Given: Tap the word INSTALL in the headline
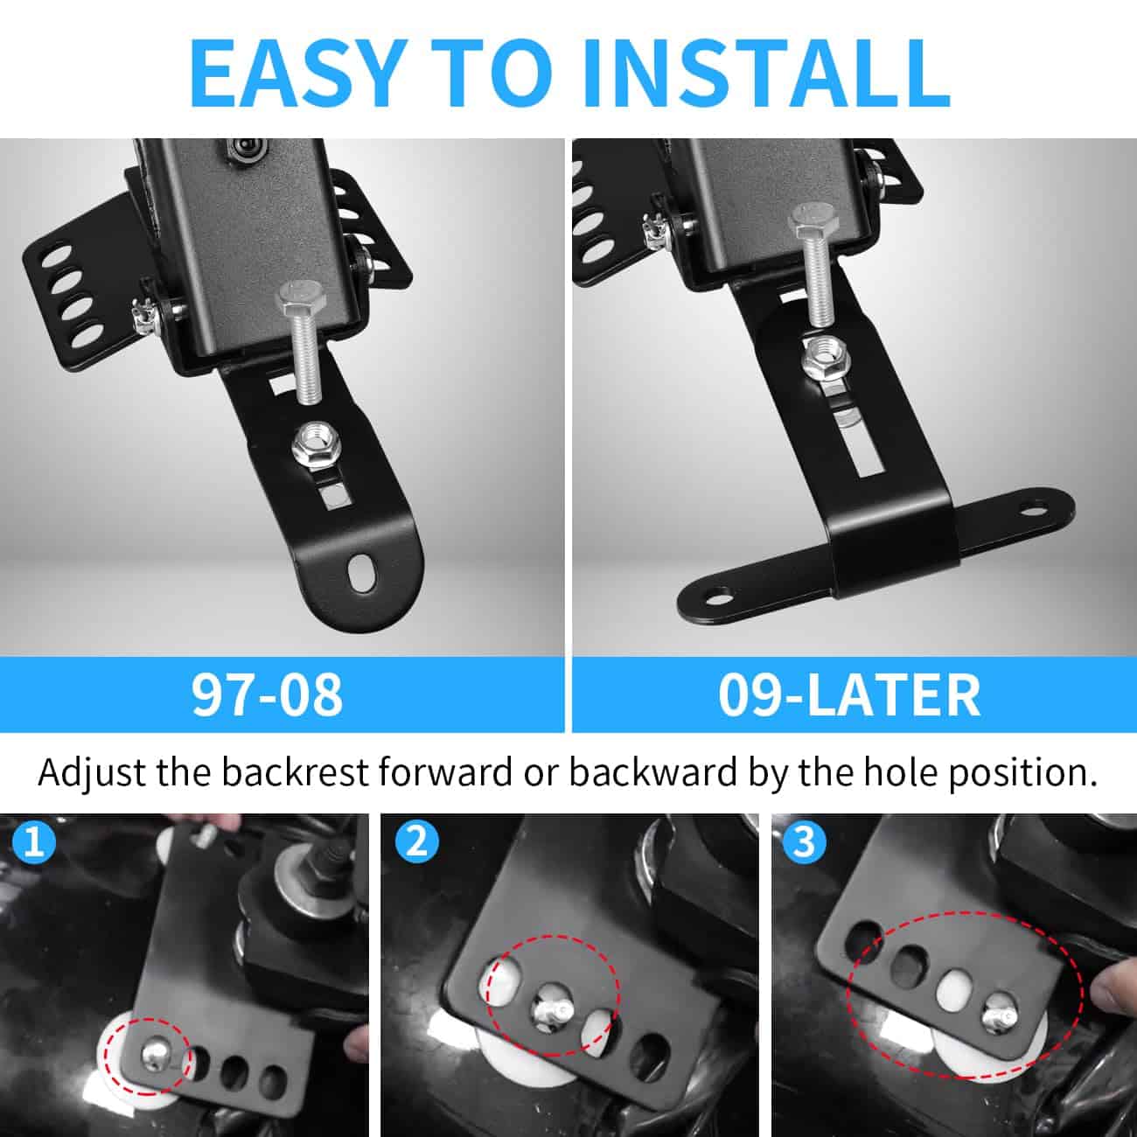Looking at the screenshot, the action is click(x=767, y=73).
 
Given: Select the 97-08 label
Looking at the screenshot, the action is click(x=267, y=694).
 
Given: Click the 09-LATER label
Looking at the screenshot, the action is click(x=848, y=694).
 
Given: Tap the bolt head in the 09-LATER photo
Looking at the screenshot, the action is click(x=813, y=220).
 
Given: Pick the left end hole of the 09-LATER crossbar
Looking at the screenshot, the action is click(x=717, y=601).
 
